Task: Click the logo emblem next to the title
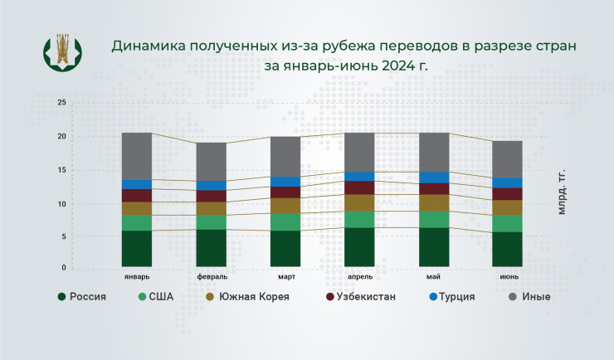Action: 63,52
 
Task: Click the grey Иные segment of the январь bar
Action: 137,156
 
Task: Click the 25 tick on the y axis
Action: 61,103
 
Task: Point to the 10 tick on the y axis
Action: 61,203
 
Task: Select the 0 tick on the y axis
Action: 63,268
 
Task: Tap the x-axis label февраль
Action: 212,276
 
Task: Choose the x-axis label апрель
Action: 362,276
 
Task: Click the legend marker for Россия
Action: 61,296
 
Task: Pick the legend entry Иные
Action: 536,296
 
